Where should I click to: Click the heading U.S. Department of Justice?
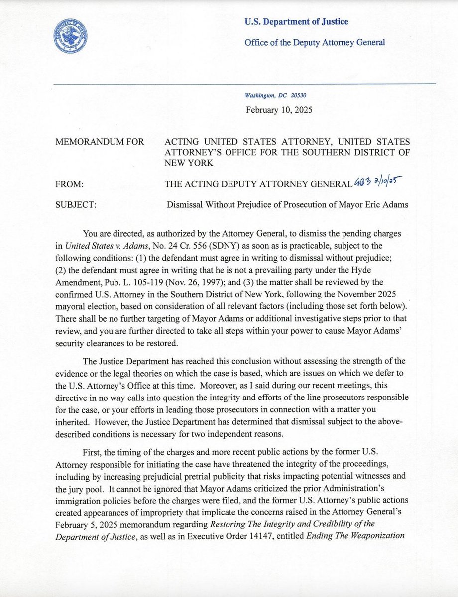pos(296,22)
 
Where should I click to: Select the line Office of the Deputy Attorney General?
pos(315,43)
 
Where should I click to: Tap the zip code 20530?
pos(306,96)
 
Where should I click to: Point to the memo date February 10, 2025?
pos(279,110)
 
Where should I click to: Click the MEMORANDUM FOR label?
pos(101,142)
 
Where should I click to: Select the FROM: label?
pos(71,184)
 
